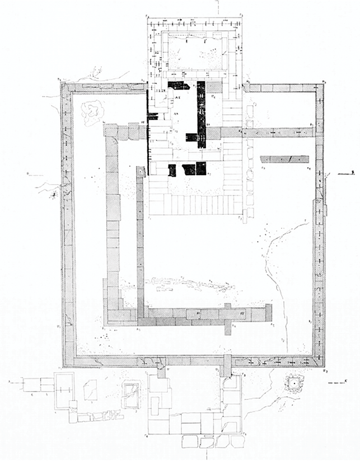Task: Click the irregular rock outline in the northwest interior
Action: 90,112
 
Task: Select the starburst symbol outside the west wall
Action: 53,194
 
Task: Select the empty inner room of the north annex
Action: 194,54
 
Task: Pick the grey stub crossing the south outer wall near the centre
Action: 226,364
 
